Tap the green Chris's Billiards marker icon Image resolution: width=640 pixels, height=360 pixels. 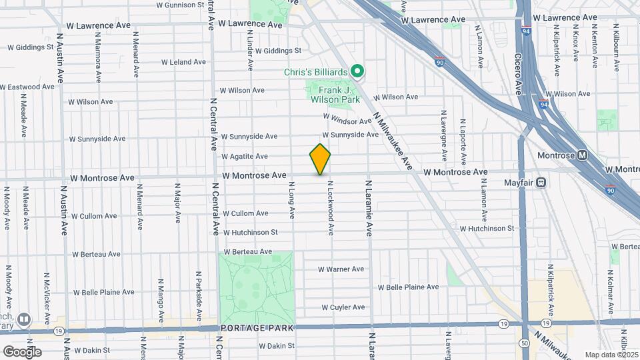357,70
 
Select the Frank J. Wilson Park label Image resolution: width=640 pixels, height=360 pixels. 334,94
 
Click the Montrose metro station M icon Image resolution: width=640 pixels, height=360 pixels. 583,155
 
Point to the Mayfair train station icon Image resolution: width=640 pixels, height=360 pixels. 542,181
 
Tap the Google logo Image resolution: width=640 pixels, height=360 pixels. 21,351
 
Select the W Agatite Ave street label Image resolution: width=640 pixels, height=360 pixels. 245,157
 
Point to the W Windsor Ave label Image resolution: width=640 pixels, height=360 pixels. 347,119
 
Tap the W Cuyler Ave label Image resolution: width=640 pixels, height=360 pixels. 343,307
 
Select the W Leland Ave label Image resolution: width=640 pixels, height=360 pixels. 183,62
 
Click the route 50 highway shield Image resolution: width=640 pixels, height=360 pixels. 525,343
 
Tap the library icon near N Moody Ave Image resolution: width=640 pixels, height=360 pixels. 25,320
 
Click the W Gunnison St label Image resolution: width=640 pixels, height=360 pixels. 180,5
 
